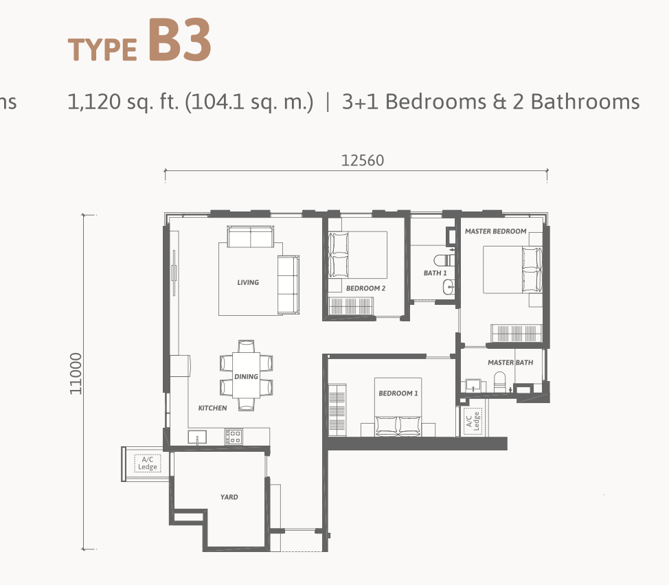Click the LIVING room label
[248, 282]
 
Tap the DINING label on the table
[246, 376]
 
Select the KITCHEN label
[212, 408]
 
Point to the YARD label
[229, 496]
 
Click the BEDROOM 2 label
[365, 288]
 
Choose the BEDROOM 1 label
[398, 393]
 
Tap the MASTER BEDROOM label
[495, 231]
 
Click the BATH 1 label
[435, 273]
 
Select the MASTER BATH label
[510, 363]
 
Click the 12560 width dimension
[363, 160]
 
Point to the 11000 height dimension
[76, 374]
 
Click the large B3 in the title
[180, 41]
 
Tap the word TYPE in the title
[102, 49]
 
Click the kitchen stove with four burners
[234, 437]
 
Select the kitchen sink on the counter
[197, 437]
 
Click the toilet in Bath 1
[444, 260]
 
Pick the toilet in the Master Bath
[499, 382]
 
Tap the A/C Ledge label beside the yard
[148, 463]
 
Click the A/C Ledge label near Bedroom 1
[473, 422]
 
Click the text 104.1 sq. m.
[249, 102]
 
